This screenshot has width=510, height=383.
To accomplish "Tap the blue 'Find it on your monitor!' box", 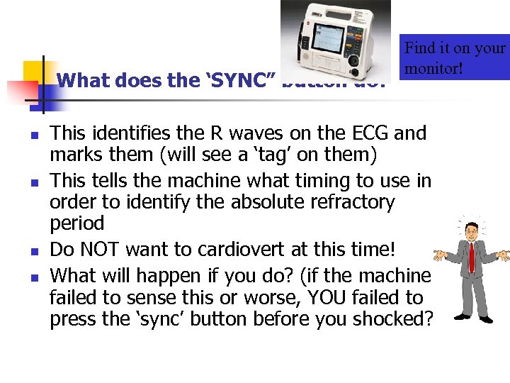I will click(454, 57).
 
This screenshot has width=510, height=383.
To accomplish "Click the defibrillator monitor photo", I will click(335, 35).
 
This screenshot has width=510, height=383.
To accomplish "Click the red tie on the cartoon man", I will click(471, 260).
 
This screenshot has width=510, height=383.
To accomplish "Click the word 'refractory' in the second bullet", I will click(353, 202).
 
